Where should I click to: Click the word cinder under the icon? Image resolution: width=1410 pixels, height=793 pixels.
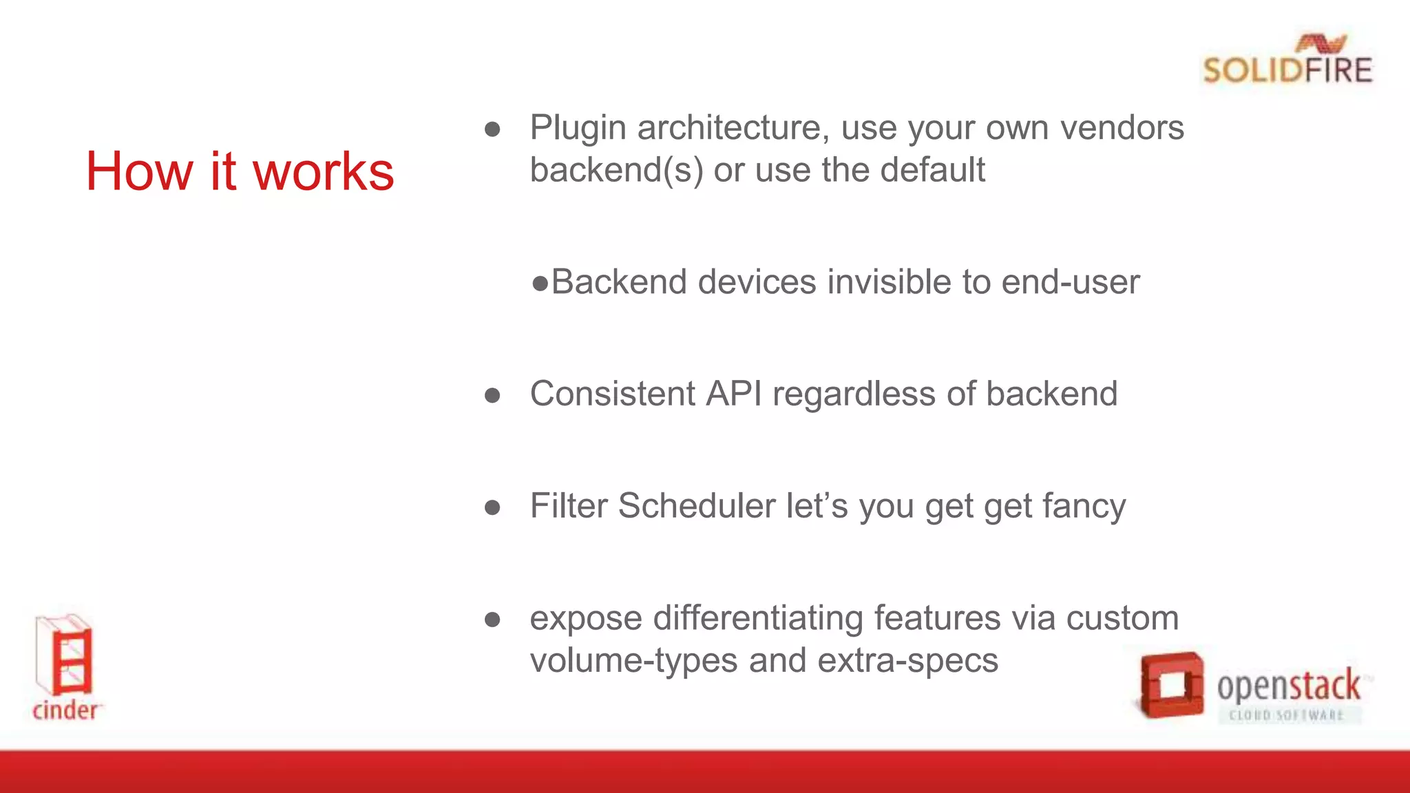coord(65,710)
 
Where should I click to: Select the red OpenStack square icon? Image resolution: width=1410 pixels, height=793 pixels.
coord(1170,686)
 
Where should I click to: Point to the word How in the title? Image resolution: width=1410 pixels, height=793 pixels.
coord(139,171)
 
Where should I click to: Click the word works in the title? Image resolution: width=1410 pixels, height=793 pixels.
coord(324,171)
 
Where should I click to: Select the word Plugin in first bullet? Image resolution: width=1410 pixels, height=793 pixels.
coord(578,129)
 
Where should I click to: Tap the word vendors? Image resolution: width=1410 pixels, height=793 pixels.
coord(1122,128)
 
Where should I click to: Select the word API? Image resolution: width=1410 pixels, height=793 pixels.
coord(734,394)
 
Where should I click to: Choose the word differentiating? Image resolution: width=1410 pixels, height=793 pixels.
coord(758,618)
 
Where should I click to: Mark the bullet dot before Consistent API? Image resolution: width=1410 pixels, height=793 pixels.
coord(492,395)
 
